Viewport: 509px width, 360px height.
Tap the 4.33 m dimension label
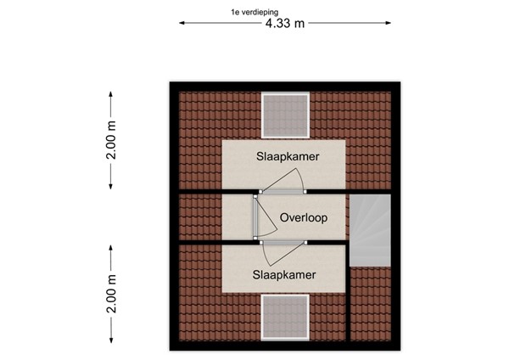coord(285,23)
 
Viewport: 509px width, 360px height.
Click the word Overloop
coord(303,217)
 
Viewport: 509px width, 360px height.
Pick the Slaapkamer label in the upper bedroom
coord(285,158)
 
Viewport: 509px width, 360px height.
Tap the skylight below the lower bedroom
coord(285,318)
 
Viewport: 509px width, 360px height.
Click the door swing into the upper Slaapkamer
coord(285,180)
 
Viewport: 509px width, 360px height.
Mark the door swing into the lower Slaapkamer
coord(280,251)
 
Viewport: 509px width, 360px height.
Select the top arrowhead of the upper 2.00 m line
coord(112,87)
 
